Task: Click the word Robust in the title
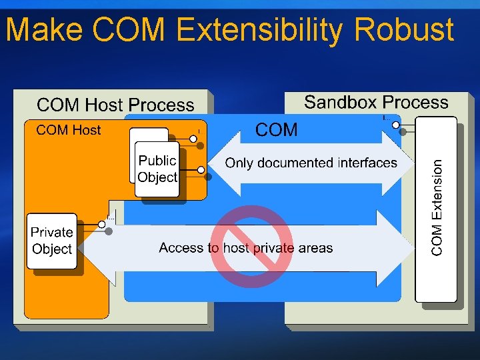pos(405,30)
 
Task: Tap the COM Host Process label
pos(115,105)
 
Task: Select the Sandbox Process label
pos(376,103)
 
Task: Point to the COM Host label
pos(69,130)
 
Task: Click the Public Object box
pos(157,169)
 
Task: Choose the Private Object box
pos(52,241)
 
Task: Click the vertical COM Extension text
pos(437,207)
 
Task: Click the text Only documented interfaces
pos(311,163)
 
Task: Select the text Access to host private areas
pos(245,248)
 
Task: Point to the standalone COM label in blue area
pos(277,130)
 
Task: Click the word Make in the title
pos(44,30)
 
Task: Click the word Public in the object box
pos(157,161)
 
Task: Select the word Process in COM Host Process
pos(163,105)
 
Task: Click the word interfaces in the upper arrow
pos(367,163)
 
